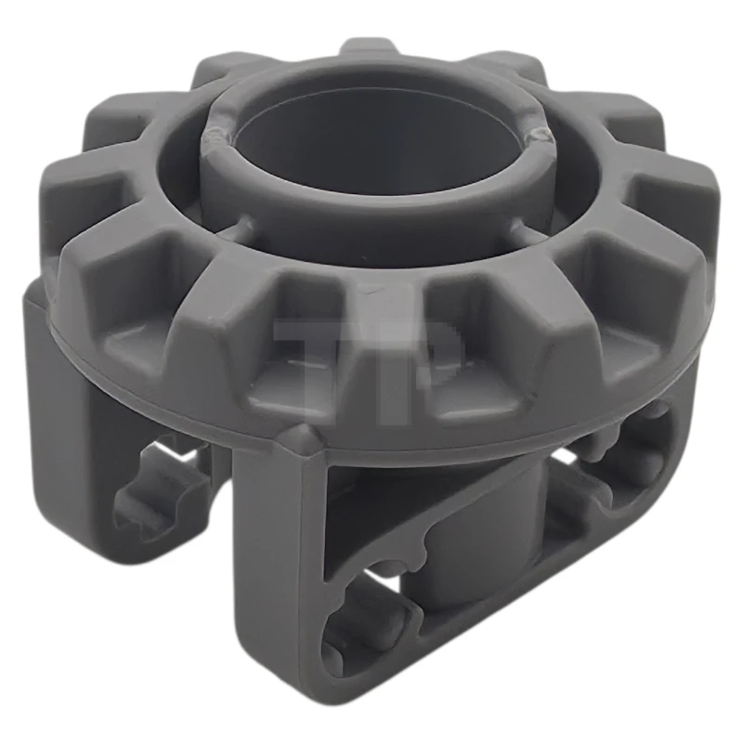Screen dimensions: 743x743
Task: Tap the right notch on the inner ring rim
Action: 537,137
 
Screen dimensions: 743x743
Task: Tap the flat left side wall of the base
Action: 65,390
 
